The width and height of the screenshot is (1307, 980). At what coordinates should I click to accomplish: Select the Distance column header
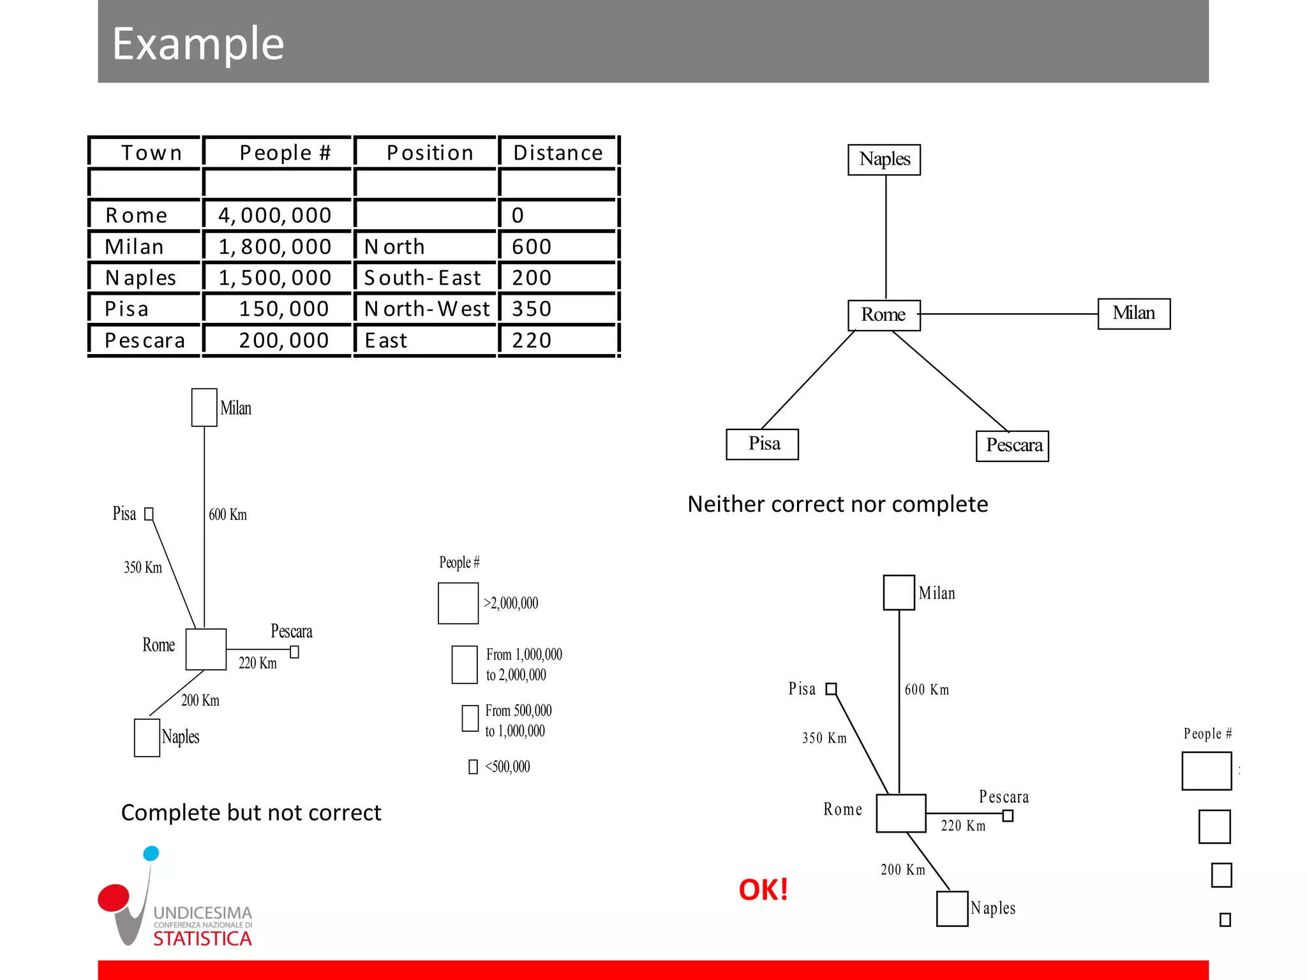(x=558, y=153)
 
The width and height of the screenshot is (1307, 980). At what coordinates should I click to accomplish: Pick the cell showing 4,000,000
(x=275, y=216)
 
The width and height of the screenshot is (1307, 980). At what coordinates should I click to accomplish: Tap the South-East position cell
(x=422, y=278)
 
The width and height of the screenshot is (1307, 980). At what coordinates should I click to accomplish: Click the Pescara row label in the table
(x=145, y=341)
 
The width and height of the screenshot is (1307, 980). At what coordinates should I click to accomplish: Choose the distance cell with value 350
(x=532, y=309)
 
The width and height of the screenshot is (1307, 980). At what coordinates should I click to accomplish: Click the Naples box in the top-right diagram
(x=884, y=160)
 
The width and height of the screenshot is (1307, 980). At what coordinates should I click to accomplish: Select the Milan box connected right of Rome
(x=1133, y=313)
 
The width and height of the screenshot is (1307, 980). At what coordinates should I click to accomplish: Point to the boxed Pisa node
(x=763, y=444)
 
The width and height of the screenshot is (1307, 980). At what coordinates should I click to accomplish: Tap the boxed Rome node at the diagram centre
(x=884, y=315)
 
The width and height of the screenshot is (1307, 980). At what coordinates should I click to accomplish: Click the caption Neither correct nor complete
(x=837, y=505)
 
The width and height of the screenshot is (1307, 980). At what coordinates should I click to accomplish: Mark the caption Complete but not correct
(x=251, y=813)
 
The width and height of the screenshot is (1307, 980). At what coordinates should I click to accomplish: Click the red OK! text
(x=763, y=890)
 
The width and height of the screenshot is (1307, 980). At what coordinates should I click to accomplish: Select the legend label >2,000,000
(x=511, y=604)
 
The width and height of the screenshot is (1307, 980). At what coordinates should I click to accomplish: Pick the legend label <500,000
(x=507, y=767)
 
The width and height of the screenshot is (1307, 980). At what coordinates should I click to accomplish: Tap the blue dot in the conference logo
(x=151, y=854)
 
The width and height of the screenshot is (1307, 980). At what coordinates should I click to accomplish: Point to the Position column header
(x=430, y=153)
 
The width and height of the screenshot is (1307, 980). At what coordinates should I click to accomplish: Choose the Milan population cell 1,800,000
(x=275, y=247)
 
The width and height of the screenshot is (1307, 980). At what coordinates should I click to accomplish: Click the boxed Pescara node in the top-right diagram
(x=1013, y=445)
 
